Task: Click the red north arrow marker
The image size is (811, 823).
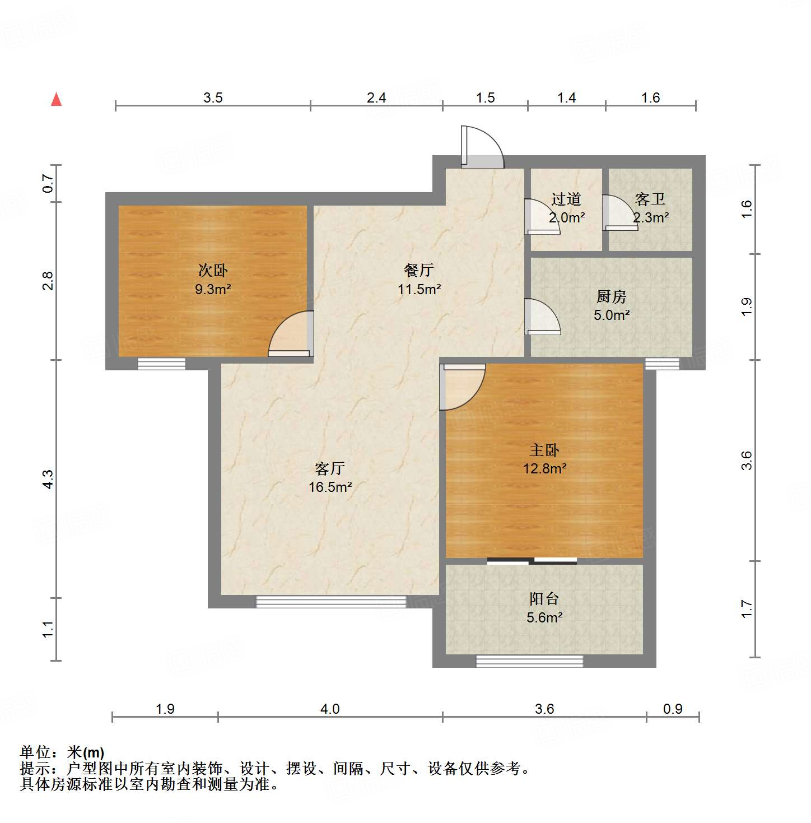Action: [x=56, y=99]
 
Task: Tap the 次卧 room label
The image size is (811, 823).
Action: [x=213, y=271]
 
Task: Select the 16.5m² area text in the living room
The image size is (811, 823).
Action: [x=330, y=487]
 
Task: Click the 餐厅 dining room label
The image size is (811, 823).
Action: [x=419, y=270]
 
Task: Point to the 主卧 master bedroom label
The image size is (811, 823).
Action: [x=544, y=450]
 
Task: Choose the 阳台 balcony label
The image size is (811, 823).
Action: [x=544, y=598]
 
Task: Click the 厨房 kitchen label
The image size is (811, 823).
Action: [x=611, y=296]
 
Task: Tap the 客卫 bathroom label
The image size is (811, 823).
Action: [x=650, y=199]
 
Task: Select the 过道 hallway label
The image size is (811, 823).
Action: [x=566, y=199]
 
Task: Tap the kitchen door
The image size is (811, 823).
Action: [x=542, y=317]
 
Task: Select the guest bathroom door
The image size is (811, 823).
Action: [x=619, y=213]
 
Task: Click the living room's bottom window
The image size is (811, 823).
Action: [x=330, y=602]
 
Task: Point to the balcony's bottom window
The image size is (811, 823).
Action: [x=529, y=661]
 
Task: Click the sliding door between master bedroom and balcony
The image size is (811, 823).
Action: [x=532, y=560]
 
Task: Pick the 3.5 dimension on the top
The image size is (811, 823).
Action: [x=213, y=98]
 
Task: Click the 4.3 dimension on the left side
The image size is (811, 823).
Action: [x=48, y=479]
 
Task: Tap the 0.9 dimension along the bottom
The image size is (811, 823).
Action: [x=673, y=709]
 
